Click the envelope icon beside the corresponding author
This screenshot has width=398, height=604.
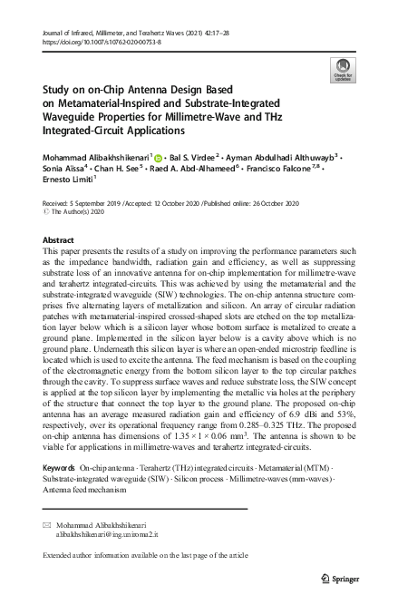47,525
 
